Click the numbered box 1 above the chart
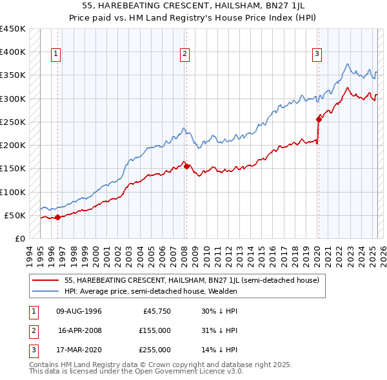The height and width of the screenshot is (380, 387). coord(57,54)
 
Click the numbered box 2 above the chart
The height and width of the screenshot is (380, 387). coord(184,54)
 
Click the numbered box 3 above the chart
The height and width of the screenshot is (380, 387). coord(317,54)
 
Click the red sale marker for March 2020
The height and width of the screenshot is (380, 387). coord(319,119)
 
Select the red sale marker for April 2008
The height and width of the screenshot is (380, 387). coord(186,166)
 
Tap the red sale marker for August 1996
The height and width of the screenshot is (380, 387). coord(57,217)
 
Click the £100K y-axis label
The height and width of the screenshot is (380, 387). coord(13,192)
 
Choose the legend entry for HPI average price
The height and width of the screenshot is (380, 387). coord(151,291)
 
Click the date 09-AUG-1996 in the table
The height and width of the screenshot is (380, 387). coord(79,311)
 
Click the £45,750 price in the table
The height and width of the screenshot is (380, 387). coord(157,311)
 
